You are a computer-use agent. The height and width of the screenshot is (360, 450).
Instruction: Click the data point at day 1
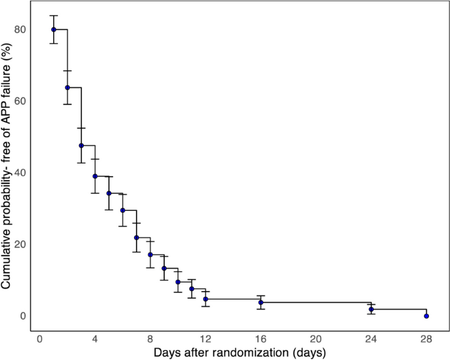click(54, 30)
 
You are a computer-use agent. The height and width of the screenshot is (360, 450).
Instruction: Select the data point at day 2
click(68, 87)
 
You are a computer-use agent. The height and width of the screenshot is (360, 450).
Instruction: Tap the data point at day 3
click(81, 145)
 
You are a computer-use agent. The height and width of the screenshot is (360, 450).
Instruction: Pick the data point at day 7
click(137, 238)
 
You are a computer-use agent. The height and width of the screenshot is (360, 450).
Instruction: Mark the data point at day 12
click(206, 299)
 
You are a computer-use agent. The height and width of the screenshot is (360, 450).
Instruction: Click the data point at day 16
click(261, 302)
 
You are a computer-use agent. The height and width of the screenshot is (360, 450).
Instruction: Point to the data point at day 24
click(371, 309)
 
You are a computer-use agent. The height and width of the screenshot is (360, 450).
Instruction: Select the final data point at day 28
click(426, 316)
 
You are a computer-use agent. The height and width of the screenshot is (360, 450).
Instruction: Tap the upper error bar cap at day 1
click(54, 16)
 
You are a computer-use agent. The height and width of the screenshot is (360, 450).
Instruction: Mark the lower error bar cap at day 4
click(95, 193)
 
